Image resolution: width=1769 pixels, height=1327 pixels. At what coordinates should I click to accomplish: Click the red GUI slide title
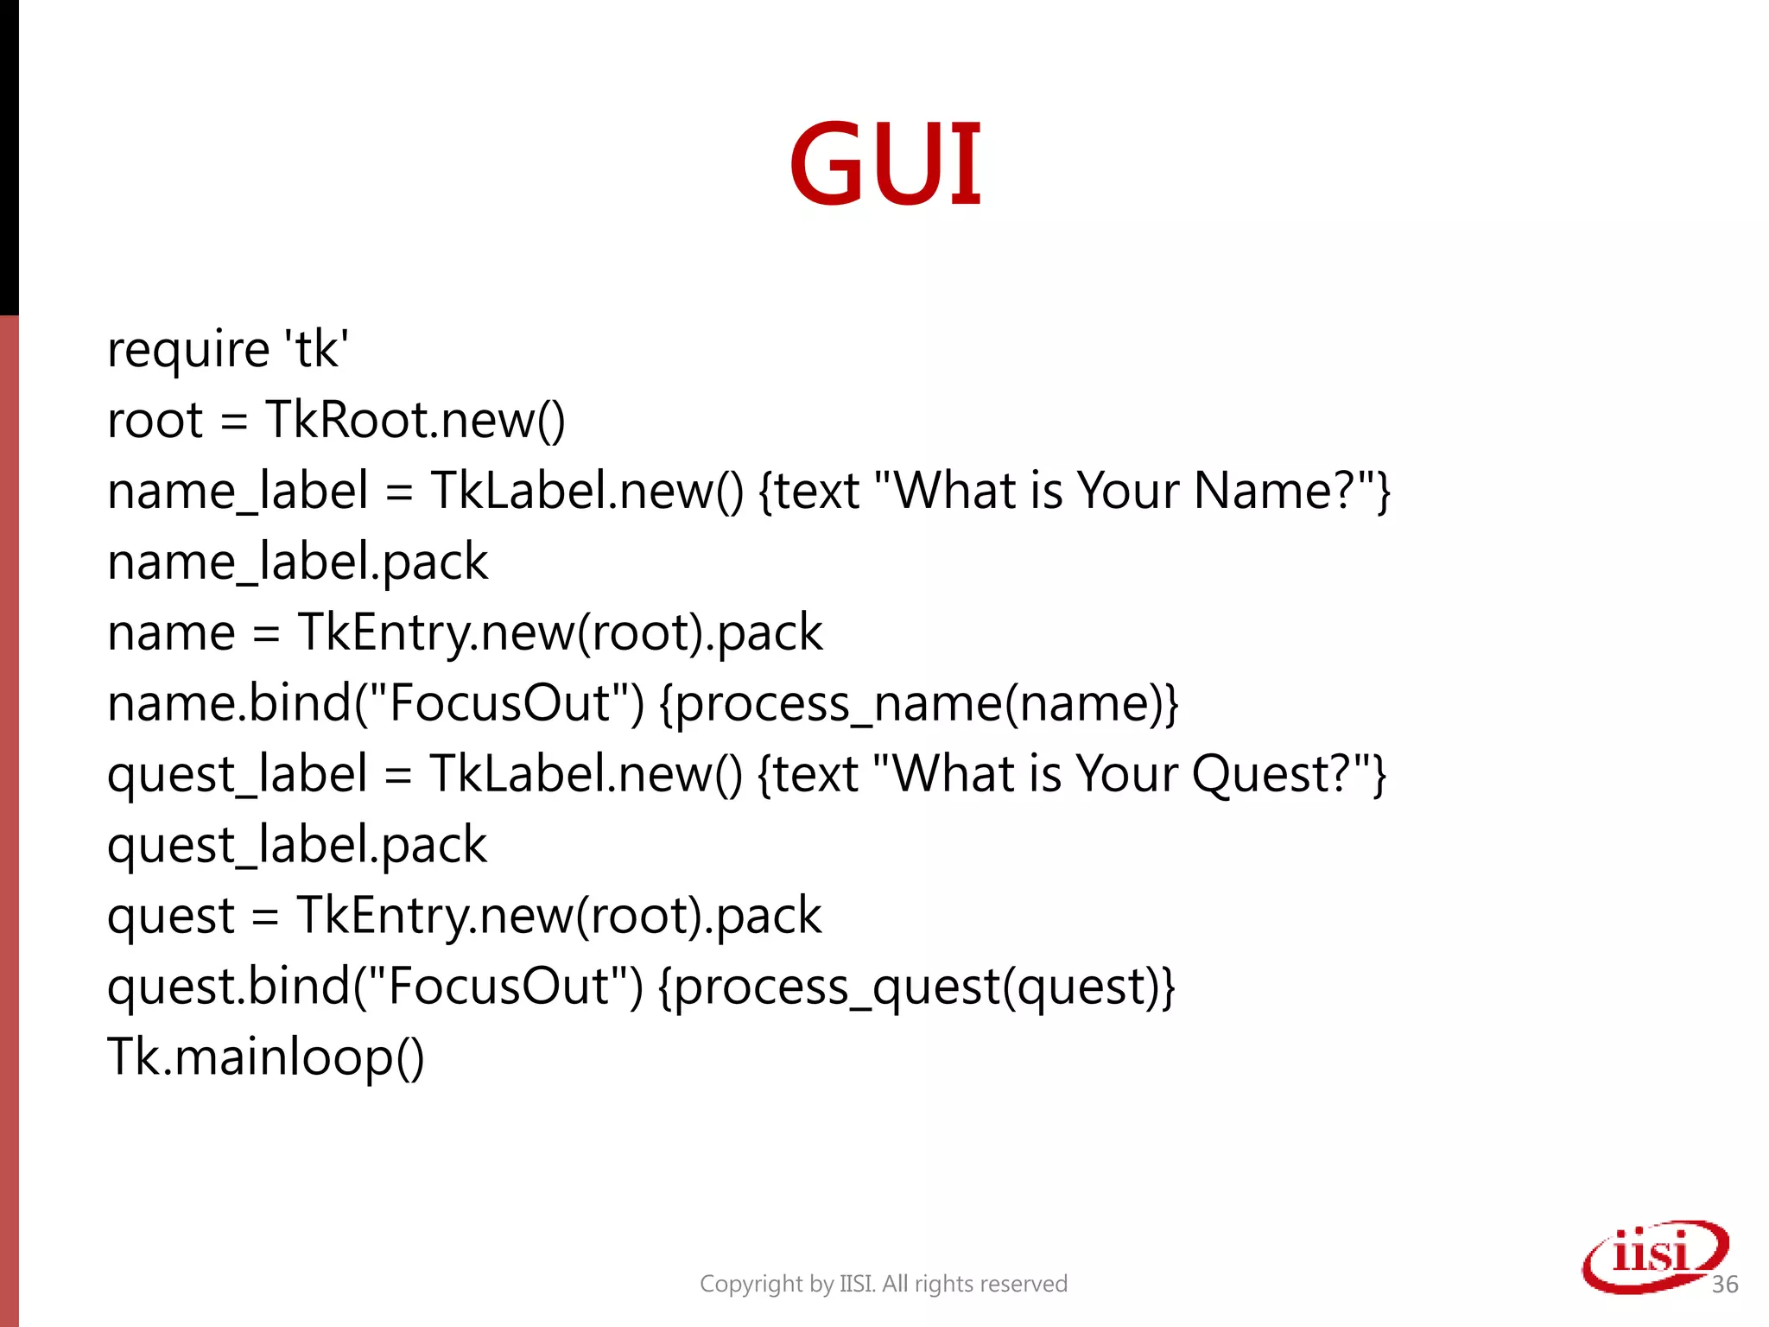pos(885,164)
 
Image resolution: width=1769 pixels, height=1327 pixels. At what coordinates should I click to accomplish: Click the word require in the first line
pos(188,350)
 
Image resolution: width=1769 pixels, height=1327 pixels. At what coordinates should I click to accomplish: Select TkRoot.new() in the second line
pos(415,421)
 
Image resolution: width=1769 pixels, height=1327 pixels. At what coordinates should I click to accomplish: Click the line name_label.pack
pos(297,562)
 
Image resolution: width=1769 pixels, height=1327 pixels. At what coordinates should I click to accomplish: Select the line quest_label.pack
pos(296,845)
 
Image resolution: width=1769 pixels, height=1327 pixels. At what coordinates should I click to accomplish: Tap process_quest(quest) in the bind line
pos(916,987)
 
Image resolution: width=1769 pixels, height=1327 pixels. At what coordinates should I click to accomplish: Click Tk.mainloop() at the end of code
pos(265,1057)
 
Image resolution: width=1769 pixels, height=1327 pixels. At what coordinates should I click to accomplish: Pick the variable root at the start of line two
pos(155,421)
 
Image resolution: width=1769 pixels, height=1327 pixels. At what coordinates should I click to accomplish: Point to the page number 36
pos(1724,1285)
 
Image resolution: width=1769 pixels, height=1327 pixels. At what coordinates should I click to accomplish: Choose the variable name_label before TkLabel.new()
pos(238,492)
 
